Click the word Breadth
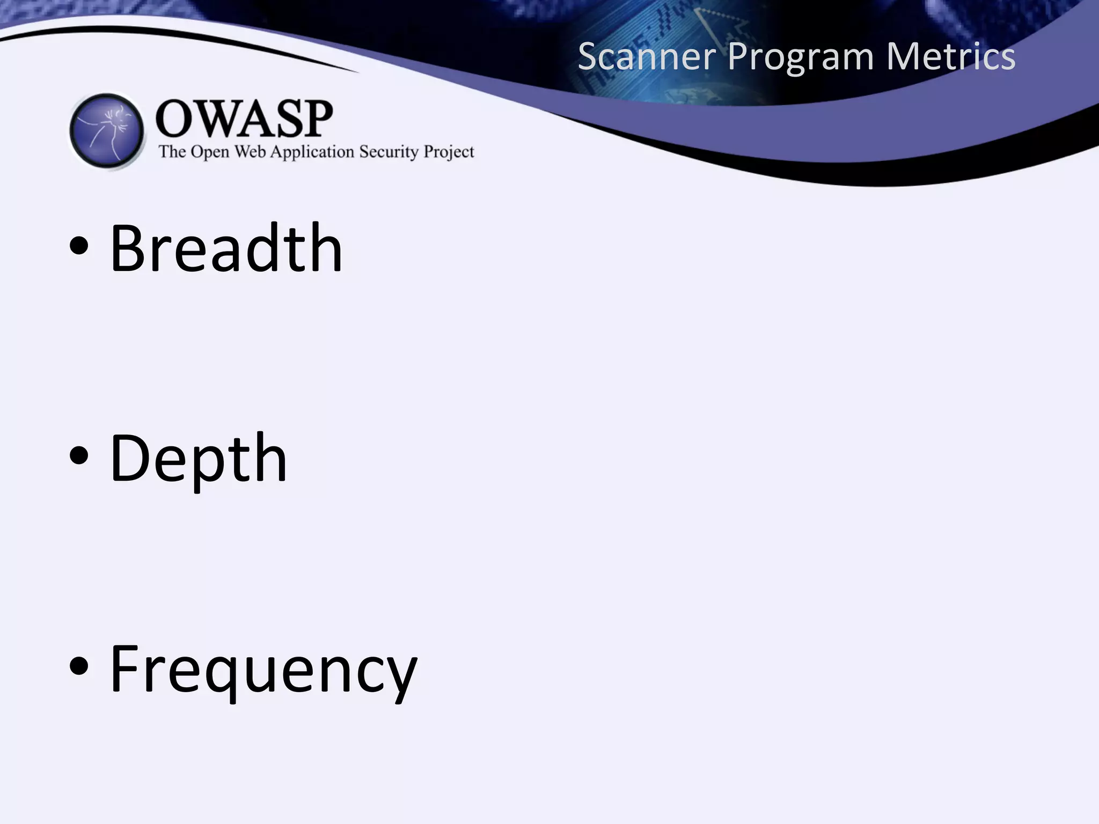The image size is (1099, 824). tap(225, 248)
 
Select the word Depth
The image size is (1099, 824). tap(198, 459)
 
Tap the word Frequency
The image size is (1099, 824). tap(263, 671)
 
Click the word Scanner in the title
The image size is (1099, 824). tap(647, 56)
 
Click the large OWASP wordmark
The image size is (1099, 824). tap(244, 119)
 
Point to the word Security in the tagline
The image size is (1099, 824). tap(389, 152)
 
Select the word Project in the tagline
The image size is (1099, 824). tap(449, 152)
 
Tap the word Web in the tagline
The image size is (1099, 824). tap(250, 152)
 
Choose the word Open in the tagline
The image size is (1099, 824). tap(210, 152)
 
